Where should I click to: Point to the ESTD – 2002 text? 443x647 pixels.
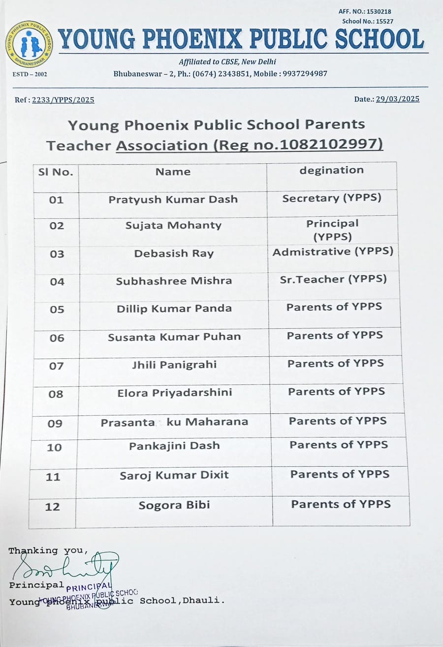30,74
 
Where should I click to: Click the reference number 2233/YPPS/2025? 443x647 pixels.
63,100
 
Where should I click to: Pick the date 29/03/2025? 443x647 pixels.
398,99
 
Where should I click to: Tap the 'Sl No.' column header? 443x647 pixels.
56,172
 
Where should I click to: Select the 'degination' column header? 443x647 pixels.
332,170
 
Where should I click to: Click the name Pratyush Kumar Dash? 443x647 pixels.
173,199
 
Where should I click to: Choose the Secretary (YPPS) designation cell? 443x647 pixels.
332,198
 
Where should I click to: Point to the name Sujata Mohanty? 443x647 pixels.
173,225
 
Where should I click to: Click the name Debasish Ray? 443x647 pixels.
174,254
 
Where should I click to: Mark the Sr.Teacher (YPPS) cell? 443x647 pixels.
333,279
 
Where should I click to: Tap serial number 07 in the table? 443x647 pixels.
57,365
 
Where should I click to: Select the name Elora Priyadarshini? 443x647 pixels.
174,392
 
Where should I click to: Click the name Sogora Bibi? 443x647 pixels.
174,505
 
